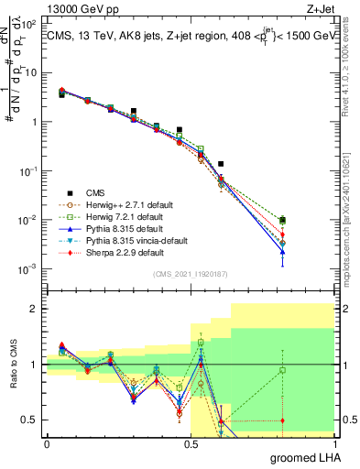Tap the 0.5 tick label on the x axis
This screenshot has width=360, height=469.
[191, 444]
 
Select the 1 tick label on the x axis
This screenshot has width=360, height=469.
[335, 444]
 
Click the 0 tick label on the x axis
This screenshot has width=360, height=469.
[47, 444]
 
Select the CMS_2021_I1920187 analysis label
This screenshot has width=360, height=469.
[191, 274]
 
